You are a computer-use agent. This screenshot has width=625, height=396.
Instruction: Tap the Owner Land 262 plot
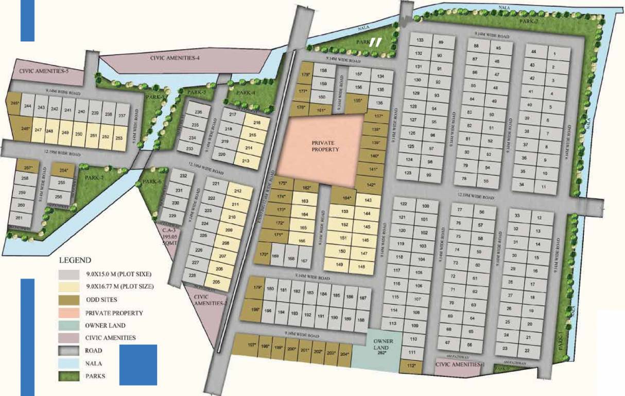(x=383, y=347)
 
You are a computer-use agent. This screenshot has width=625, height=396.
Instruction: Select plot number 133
(x=420, y=40)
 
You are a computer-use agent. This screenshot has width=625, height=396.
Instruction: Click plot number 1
(x=554, y=54)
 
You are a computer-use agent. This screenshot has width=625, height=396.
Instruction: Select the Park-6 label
(x=152, y=181)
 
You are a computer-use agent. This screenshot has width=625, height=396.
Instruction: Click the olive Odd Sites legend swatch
(x=69, y=299)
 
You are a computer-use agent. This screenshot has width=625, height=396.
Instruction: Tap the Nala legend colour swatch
(x=69, y=363)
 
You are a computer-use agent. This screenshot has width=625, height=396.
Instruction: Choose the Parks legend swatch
(x=69, y=376)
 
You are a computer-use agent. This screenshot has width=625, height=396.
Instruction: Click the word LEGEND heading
(x=75, y=260)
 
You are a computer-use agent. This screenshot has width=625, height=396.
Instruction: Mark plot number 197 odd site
(x=252, y=346)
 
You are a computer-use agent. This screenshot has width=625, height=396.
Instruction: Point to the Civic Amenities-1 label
(x=460, y=365)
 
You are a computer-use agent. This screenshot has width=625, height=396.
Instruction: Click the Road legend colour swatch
(x=69, y=350)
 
